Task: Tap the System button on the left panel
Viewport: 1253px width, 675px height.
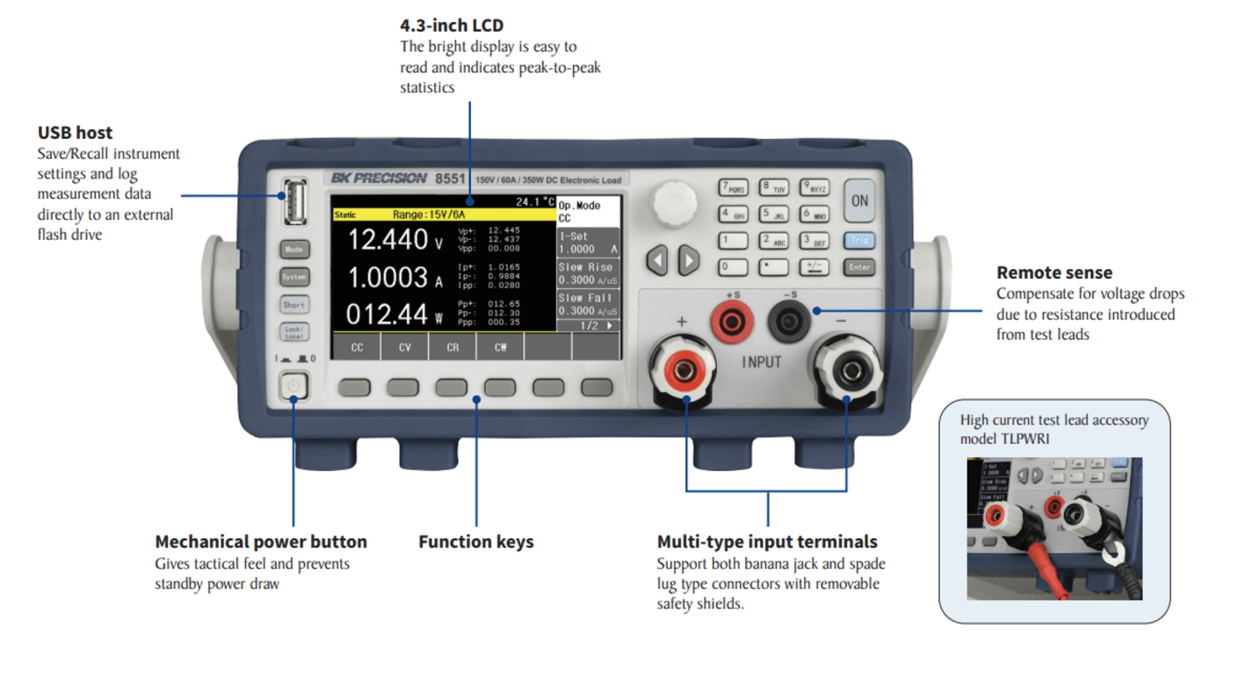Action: click(294, 277)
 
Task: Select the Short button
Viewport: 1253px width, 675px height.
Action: click(294, 305)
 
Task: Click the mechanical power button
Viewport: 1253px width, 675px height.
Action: click(294, 386)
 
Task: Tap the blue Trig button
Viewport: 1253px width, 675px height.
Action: click(859, 240)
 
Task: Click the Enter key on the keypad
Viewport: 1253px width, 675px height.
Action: click(859, 267)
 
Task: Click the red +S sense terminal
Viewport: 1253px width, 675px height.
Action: click(731, 323)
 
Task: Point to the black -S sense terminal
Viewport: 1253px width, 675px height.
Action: click(788, 323)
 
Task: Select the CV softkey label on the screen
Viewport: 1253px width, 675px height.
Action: click(405, 347)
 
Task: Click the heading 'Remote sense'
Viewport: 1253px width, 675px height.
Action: click(1054, 272)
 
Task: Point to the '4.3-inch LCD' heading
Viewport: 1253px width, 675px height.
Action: click(452, 25)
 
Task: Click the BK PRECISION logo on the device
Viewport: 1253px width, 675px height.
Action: click(379, 178)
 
